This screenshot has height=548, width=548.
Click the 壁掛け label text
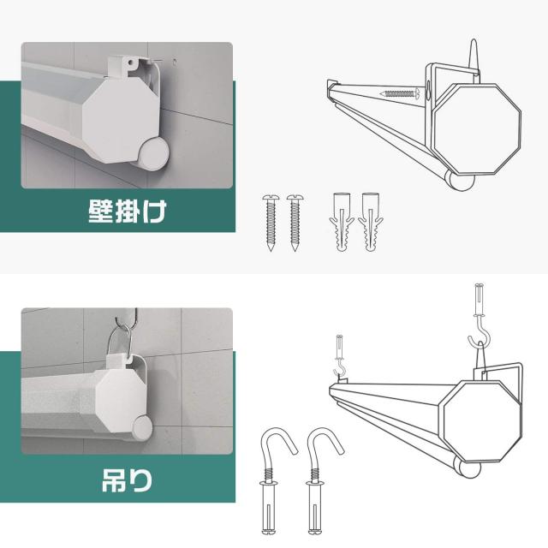coord(127,211)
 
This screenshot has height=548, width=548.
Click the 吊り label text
coord(127,480)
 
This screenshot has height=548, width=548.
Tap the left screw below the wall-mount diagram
coord(271,223)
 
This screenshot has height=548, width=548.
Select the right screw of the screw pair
coord(295,223)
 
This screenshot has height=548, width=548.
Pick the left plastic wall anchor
coord(342,222)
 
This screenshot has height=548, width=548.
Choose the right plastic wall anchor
coord(371,222)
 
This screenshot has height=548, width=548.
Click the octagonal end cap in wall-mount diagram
coord(477,128)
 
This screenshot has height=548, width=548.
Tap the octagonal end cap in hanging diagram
coord(482,421)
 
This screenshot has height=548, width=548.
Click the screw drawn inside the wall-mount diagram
coord(400,93)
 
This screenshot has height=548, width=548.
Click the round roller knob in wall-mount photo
coord(154,154)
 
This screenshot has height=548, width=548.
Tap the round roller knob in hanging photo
coord(142,428)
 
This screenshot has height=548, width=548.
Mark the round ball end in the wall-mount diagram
coord(461,181)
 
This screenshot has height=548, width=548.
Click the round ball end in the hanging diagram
coord(468,469)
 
